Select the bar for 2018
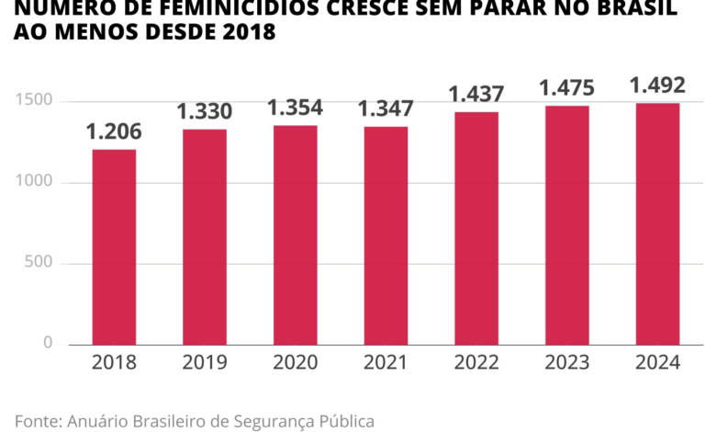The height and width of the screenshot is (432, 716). pos(114,246)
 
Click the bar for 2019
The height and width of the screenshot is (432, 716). pos(204,236)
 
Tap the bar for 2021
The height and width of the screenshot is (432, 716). pos(386,235)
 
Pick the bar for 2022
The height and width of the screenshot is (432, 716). pos(475,228)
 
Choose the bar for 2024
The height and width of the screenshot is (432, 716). pos(657,223)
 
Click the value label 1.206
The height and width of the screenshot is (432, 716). pos(114,132)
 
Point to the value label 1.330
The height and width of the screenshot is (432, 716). pos(204,112)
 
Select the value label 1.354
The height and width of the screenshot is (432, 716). pos(295,108)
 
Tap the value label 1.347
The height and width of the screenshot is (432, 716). pos(386,109)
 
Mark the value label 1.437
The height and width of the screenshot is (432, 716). pos(475,95)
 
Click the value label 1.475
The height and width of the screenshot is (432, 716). pos(566,88)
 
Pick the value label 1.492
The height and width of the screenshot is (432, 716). pos(657,86)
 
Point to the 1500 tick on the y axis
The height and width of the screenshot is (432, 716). pos(36,100)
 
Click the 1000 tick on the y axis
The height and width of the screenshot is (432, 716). pos(36,182)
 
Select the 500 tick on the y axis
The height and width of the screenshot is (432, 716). pos(40,263)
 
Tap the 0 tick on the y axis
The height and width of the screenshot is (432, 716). pos(48,343)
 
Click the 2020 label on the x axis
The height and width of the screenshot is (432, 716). pos(295,362)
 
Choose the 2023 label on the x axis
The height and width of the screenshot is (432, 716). pos(566,362)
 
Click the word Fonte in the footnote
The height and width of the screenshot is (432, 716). pos(38,421)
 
